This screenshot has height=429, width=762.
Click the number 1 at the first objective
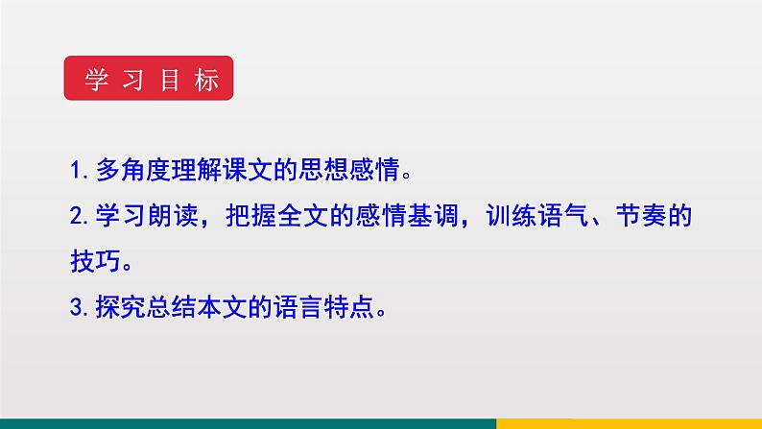(77, 171)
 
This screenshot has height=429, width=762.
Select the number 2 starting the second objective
(77, 217)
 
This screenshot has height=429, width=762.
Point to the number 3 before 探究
(77, 308)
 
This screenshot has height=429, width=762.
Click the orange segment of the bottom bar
(629, 423)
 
